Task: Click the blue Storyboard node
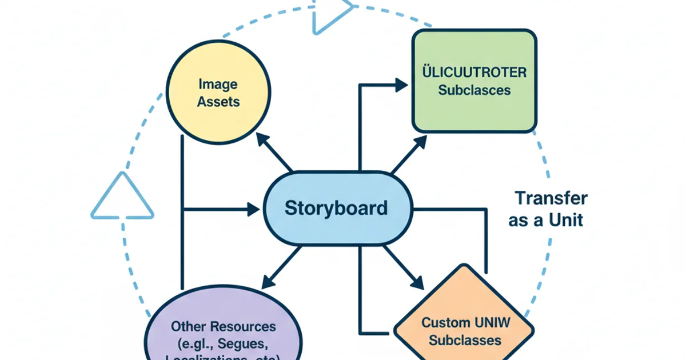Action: (336, 208)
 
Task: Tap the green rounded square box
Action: (474, 81)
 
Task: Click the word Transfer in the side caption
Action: (551, 198)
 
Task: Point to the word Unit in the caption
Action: (565, 220)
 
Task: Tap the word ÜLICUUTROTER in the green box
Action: (474, 73)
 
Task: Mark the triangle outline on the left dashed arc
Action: (122, 198)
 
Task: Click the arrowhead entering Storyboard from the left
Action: (253, 209)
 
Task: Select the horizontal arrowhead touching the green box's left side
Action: (401, 85)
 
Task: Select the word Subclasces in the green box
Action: (474, 90)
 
